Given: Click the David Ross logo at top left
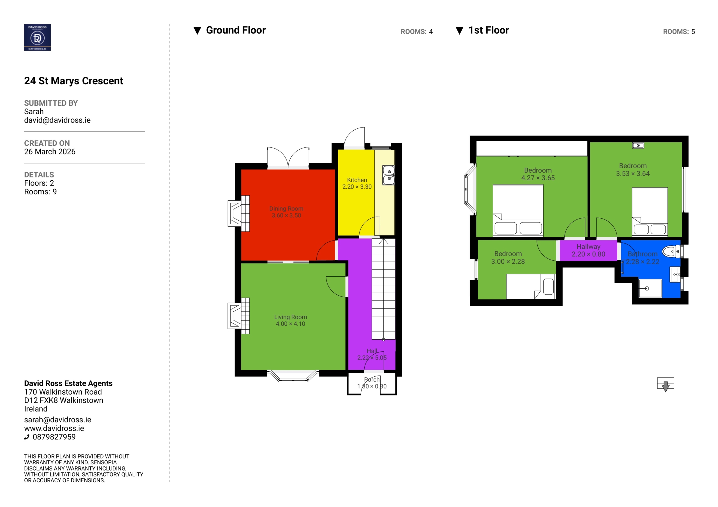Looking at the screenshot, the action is pyautogui.click(x=37, y=37).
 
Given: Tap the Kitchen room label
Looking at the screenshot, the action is pyautogui.click(x=357, y=180).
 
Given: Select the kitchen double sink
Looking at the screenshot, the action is pyautogui.click(x=389, y=175).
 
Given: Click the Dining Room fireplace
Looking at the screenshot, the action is pyautogui.click(x=239, y=214).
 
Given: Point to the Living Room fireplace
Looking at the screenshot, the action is pyautogui.click(x=239, y=316).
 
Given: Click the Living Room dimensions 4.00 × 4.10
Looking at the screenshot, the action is pyautogui.click(x=290, y=324).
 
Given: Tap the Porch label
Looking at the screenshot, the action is pyautogui.click(x=372, y=379).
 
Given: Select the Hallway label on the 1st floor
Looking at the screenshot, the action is pyautogui.click(x=588, y=247).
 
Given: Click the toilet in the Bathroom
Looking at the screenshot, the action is pyautogui.click(x=671, y=251).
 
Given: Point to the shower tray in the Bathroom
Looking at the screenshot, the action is pyautogui.click(x=650, y=288).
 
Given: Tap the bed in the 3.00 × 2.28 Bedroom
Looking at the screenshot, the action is pyautogui.click(x=531, y=287).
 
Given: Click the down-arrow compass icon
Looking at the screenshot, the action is pyautogui.click(x=666, y=385).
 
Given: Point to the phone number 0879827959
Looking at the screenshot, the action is pyautogui.click(x=54, y=437).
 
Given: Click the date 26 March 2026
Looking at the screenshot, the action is pyautogui.click(x=50, y=152).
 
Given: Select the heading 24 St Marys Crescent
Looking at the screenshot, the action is pyautogui.click(x=73, y=81).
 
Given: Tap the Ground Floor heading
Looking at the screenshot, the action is pyautogui.click(x=236, y=30).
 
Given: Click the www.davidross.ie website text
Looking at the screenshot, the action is pyautogui.click(x=54, y=428).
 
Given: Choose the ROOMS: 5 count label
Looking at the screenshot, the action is pyautogui.click(x=679, y=32).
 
